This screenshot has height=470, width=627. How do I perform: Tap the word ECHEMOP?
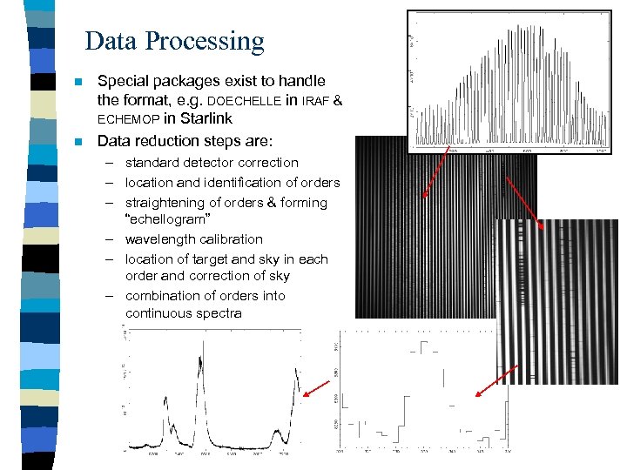(128, 119)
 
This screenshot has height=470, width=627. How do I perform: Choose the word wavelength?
(162, 239)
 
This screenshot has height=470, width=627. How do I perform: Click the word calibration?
(231, 239)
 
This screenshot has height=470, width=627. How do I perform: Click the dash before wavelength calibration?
(113, 239)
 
